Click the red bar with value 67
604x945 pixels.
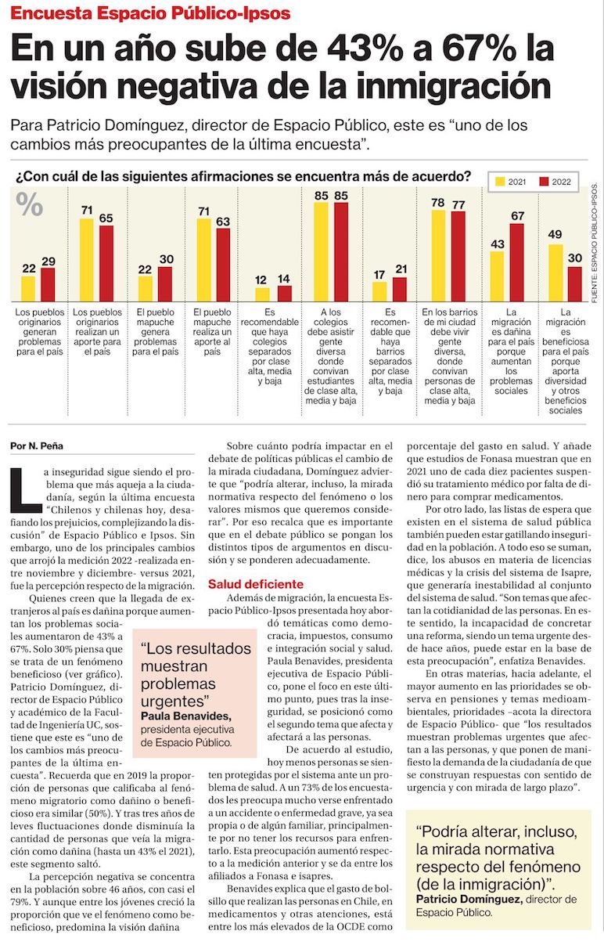coord(516,263)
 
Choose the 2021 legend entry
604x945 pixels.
coord(510,182)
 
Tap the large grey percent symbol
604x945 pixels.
coord(30,205)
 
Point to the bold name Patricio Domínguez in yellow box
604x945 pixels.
coord(469,899)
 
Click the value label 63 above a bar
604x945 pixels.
coord(224,221)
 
